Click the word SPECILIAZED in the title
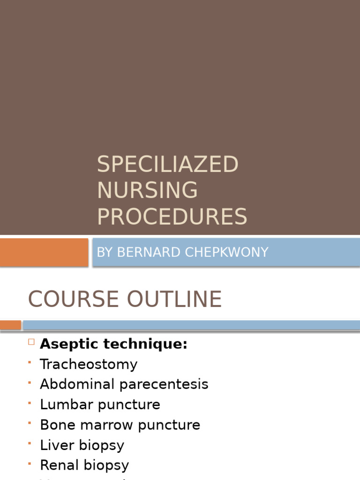tap(168, 165)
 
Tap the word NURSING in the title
tap(147, 190)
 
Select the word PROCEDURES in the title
tap(172, 217)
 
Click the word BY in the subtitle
tap(105, 252)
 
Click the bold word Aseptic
tap(69, 344)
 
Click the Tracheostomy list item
tap(89, 364)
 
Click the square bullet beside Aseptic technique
tap(31, 342)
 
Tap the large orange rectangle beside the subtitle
tap(44, 252)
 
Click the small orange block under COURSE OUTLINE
tap(10, 325)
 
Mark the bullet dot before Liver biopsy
tap(30, 443)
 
